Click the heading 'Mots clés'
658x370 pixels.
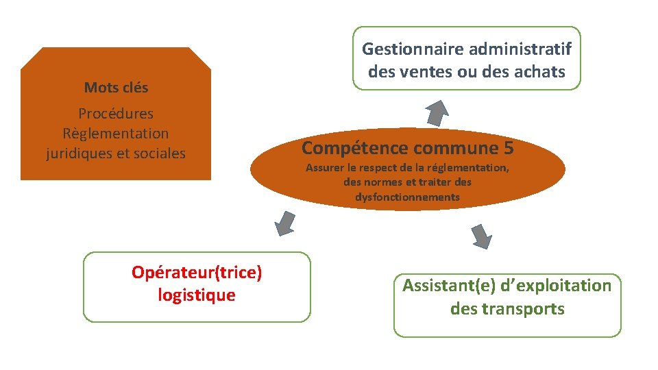coord(116,88)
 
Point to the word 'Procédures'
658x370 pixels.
coord(116,114)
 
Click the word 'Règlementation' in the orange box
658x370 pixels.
coord(115,134)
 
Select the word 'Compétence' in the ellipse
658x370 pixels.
coord(355,148)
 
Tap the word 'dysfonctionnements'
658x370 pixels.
coord(407,197)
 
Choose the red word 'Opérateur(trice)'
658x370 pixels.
coord(197,273)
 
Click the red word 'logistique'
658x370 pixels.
coord(197,295)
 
